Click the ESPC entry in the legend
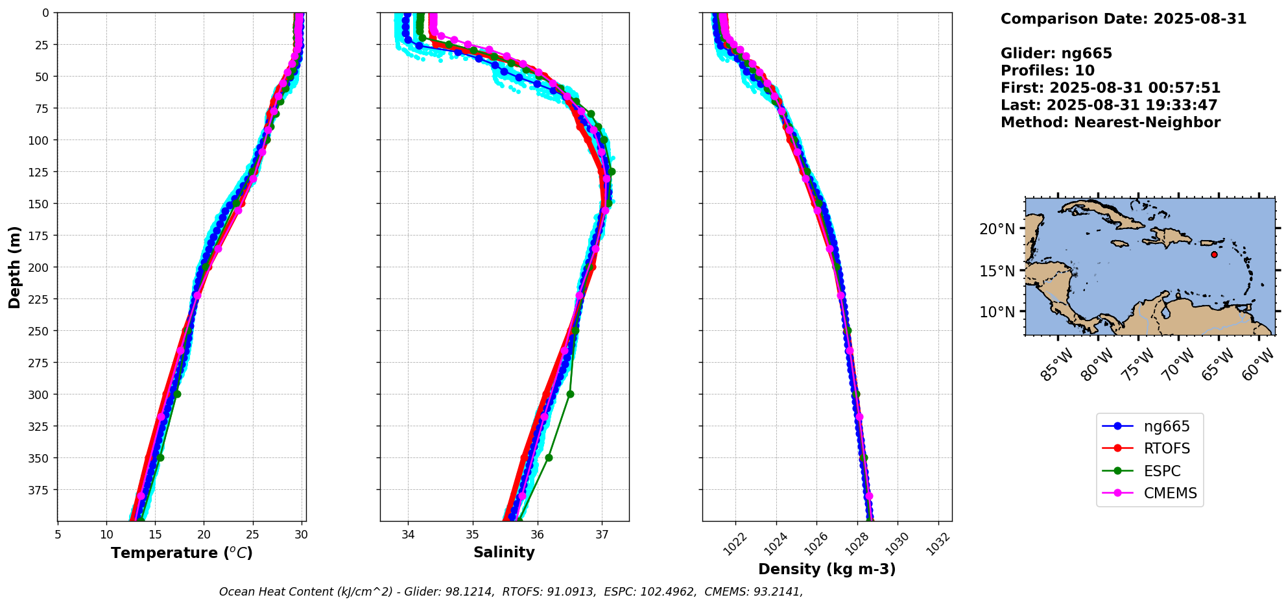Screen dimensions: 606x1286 (x=1161, y=471)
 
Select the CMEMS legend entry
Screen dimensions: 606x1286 (x=1170, y=493)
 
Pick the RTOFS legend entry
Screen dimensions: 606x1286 (x=1167, y=448)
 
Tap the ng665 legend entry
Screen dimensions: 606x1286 (x=1166, y=426)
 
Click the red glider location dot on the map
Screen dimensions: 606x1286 (x=1214, y=254)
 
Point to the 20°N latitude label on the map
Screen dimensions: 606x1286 (x=997, y=229)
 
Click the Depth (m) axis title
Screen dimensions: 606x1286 (x=15, y=267)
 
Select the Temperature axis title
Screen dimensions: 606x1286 (x=182, y=553)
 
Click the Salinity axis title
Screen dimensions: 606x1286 (x=504, y=552)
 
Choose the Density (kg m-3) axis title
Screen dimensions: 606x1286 (x=827, y=569)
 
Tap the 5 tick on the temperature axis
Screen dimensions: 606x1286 (x=58, y=535)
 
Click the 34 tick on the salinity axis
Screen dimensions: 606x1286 (x=408, y=535)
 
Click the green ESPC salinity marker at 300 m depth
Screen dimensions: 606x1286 (x=570, y=394)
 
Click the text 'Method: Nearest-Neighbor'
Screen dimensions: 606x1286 (x=1110, y=123)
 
